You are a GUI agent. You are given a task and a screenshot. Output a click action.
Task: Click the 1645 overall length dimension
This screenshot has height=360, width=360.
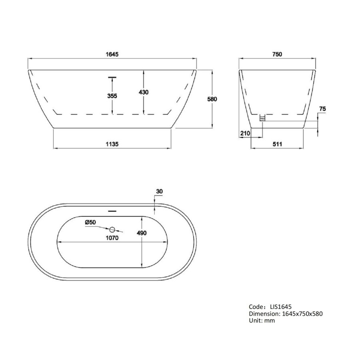click(112, 54)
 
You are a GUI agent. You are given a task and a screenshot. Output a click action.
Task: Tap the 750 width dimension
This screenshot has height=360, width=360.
click(278, 54)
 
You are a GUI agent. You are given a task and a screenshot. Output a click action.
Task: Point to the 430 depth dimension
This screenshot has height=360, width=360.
click(144, 92)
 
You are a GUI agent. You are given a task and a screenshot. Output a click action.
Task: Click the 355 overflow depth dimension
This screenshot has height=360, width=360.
click(112, 96)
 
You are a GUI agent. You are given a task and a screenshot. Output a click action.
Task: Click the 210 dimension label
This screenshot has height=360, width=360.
click(245, 133)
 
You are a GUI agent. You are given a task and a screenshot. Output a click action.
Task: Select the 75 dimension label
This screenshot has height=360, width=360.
click(323, 109)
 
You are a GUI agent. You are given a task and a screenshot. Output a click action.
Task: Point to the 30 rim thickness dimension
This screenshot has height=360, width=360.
click(160, 192)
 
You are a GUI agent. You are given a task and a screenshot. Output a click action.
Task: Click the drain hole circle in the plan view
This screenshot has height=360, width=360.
click(112, 230)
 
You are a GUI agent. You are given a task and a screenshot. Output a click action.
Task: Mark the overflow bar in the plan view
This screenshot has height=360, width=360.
click(112, 209)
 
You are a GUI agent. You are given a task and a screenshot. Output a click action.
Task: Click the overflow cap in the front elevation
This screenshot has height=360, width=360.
click(112, 76)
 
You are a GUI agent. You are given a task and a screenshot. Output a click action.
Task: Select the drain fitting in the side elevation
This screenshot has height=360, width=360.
click(262, 118)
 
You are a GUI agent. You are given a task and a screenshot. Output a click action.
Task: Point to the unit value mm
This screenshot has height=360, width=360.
click(270, 320)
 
